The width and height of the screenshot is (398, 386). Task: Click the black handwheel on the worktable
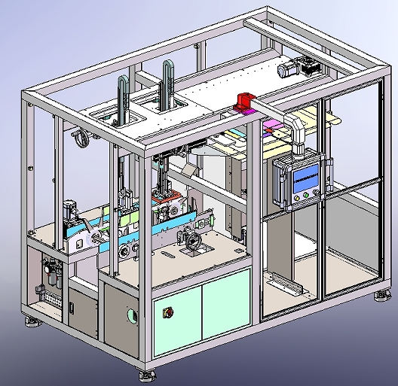[193, 243]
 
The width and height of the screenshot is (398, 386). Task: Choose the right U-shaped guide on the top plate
[167, 84]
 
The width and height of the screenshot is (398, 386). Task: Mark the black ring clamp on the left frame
[81, 139]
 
